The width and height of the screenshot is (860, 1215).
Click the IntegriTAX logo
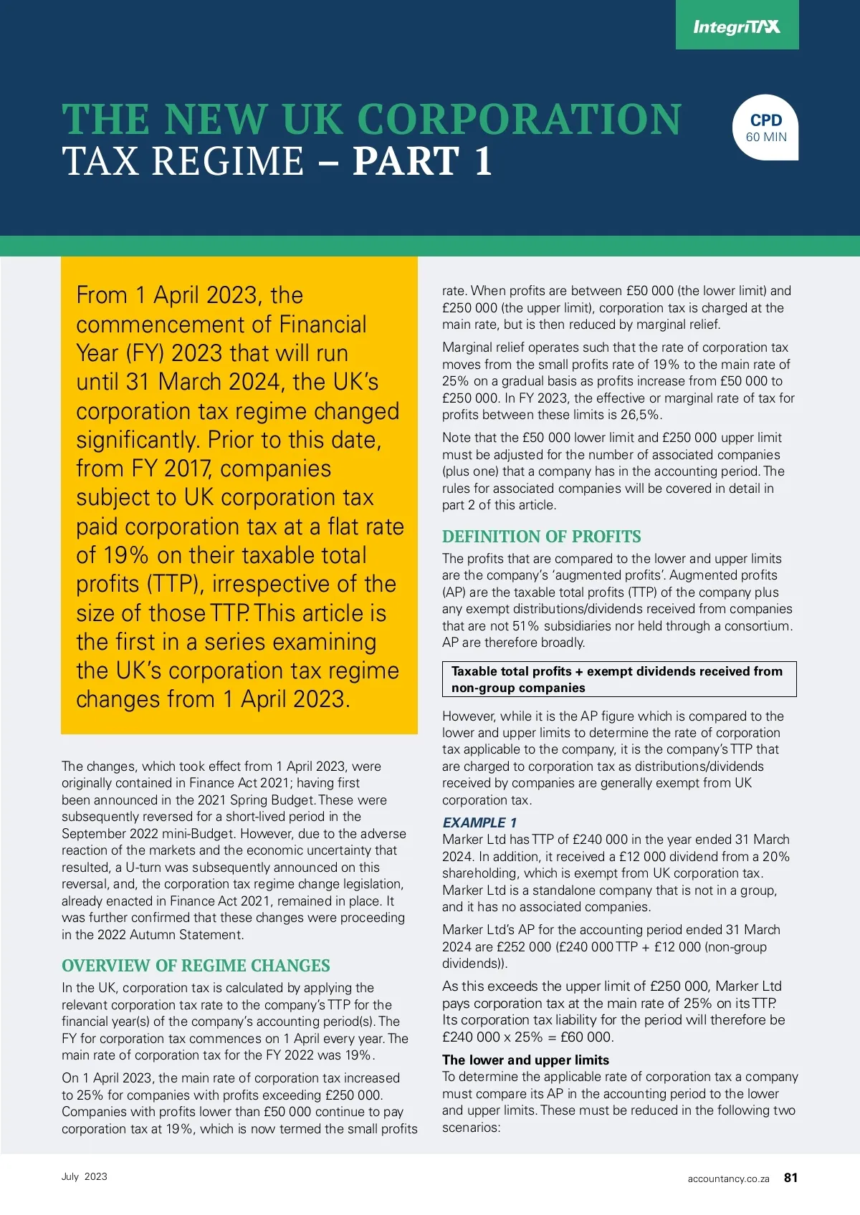(x=737, y=27)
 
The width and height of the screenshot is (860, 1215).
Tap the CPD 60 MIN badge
(x=765, y=128)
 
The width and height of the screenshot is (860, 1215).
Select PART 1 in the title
(x=422, y=161)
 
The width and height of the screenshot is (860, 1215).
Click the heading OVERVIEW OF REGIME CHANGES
(x=196, y=966)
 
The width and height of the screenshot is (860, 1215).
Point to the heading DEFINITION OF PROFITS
(x=541, y=537)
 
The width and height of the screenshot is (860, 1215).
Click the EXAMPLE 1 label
(x=479, y=822)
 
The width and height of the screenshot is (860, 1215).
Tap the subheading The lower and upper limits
(x=525, y=1060)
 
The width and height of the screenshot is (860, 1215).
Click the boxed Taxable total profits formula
(x=618, y=679)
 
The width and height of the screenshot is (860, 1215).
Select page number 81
(x=790, y=1178)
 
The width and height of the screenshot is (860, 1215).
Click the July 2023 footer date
(x=85, y=1176)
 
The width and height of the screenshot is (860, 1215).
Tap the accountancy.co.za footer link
(x=728, y=1178)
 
